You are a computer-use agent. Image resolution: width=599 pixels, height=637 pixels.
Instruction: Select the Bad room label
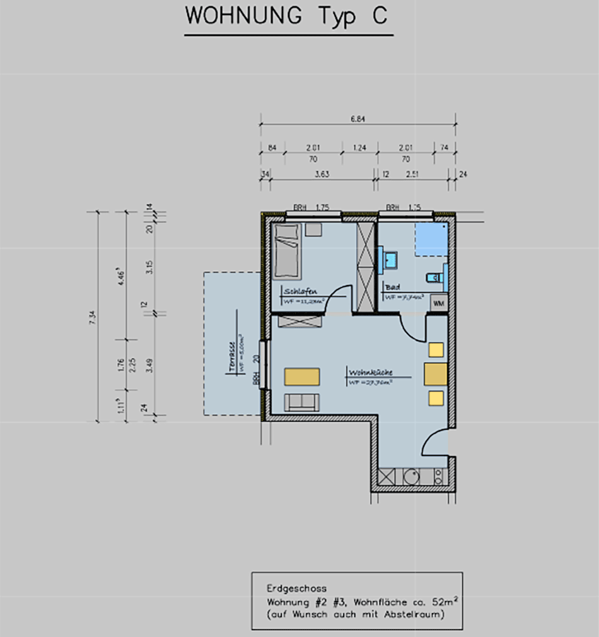coord(393,287)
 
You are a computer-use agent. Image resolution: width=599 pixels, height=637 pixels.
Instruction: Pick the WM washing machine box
coord(438,303)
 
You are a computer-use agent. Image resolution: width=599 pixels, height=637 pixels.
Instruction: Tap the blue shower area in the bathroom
coord(431,239)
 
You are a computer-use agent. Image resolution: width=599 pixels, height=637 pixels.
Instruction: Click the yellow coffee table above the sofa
coord(301,377)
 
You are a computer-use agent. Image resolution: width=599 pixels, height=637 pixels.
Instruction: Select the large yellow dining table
coord(435,374)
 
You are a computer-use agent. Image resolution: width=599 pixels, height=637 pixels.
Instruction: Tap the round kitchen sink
coord(410,476)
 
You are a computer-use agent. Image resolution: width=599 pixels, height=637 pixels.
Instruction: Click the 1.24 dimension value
coord(359,148)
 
